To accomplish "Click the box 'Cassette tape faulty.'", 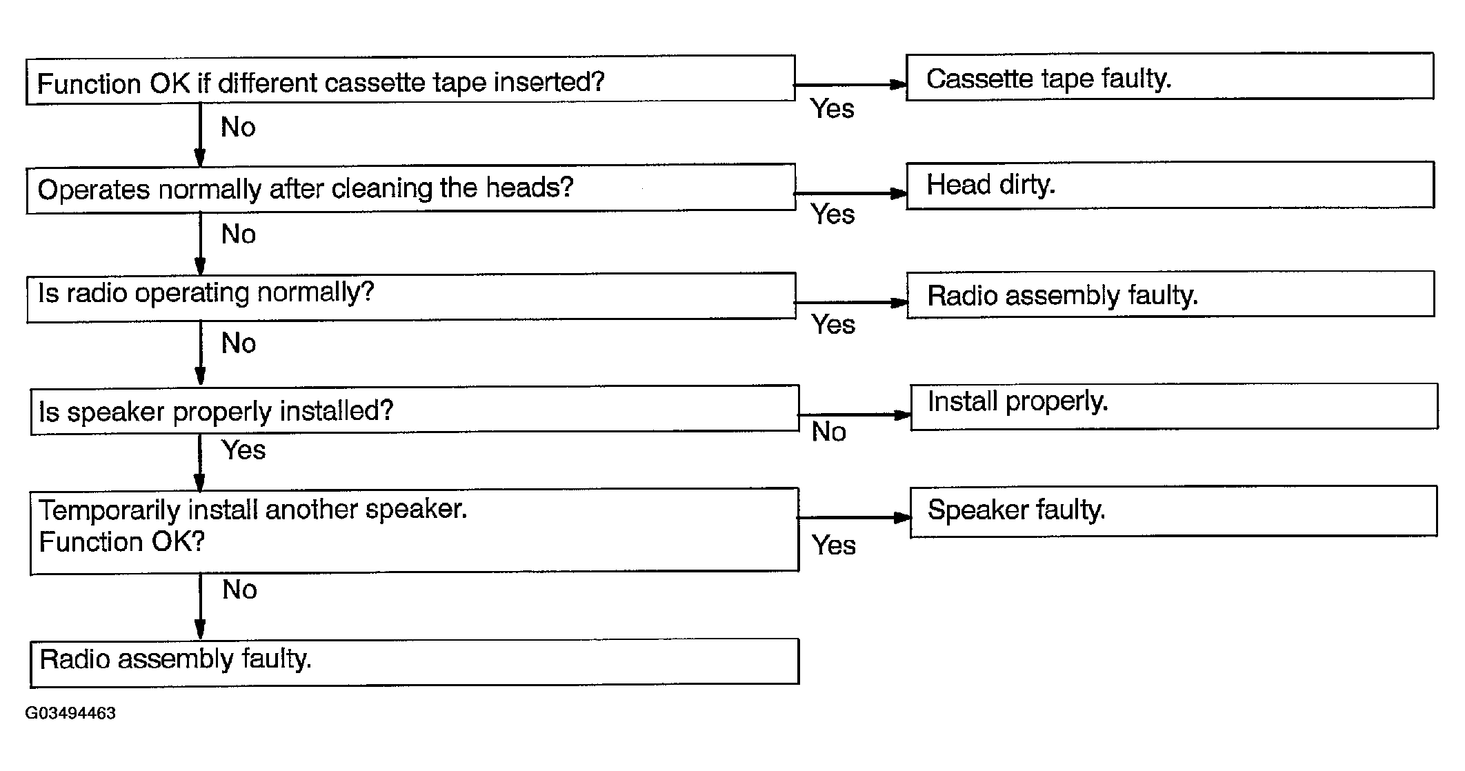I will point(1169,77).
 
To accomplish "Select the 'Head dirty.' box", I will point(1170,185).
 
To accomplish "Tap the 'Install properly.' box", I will point(1173,407).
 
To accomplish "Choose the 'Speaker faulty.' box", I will point(1173,511).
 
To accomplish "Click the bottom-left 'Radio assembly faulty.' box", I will point(414,662).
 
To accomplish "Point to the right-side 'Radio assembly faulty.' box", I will point(1170,294).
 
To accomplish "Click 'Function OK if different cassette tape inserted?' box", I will point(410,81).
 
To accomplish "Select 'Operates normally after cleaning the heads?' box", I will point(410,188).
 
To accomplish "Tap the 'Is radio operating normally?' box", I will point(410,297).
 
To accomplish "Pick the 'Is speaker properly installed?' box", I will point(414,410).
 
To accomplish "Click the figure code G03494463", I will point(70,713).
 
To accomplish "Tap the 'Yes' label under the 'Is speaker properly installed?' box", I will point(243,450).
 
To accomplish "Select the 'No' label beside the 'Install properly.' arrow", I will point(828,432).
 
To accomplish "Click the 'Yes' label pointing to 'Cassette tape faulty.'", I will point(832,109).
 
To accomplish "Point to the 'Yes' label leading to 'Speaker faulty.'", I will point(833,545).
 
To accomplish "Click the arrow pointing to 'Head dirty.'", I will point(850,194).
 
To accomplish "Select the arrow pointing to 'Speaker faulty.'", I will point(853,517).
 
